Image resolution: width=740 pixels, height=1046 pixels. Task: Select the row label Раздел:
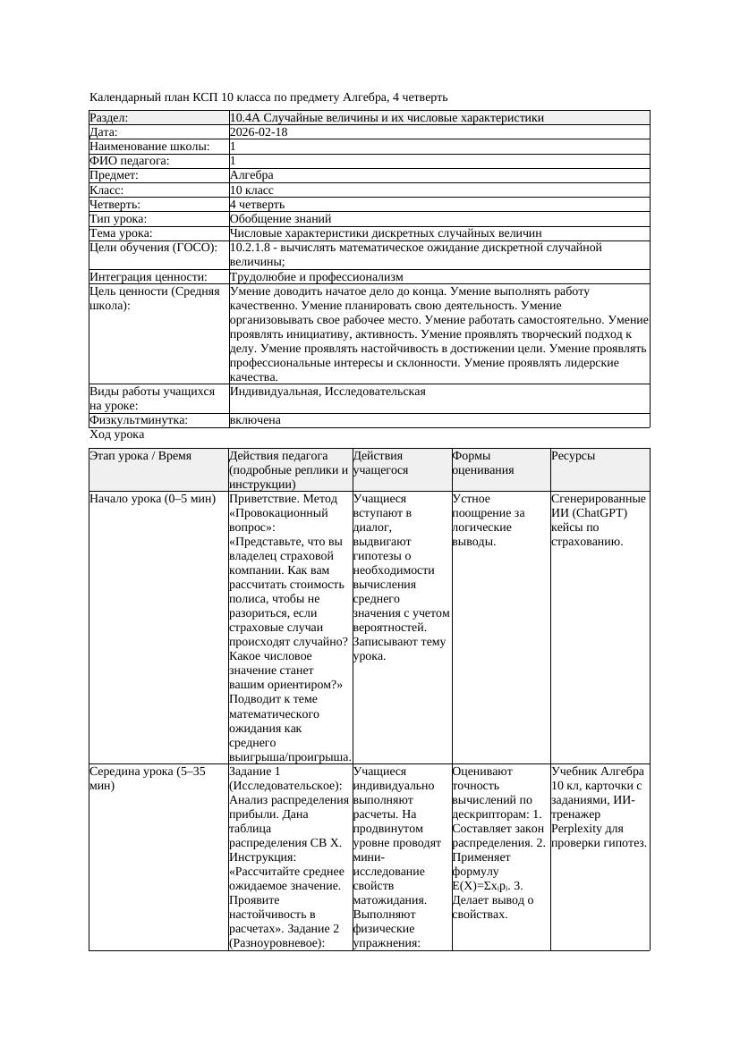point(109,118)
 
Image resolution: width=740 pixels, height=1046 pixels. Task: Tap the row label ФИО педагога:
point(131,161)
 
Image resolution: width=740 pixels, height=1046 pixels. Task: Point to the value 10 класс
point(251,190)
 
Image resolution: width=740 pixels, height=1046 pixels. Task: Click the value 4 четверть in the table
point(258,205)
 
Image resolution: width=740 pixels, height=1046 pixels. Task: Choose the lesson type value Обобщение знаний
point(280,219)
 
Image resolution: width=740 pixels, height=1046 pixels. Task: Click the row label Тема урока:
point(122,233)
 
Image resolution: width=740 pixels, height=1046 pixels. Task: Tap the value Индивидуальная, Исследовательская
point(327,392)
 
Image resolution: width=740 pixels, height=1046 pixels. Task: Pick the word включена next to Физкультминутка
point(255,420)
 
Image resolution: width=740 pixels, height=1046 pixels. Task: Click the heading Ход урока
point(117,434)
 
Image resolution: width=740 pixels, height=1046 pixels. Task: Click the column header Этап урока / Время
point(140,456)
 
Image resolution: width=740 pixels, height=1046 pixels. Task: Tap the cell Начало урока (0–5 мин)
point(148,499)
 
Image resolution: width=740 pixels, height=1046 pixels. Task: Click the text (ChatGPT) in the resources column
point(600,513)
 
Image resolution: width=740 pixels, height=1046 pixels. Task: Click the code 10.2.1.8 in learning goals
point(253,248)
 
